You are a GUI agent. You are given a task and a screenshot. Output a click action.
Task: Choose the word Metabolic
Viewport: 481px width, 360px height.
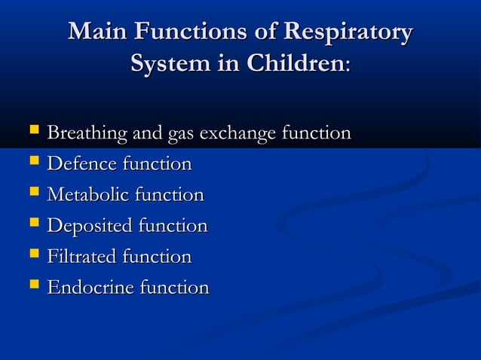coord(88,195)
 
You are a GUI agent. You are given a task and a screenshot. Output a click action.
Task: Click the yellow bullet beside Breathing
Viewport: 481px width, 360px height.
coord(32,133)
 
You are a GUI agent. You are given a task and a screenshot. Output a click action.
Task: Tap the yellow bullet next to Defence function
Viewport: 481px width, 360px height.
coord(32,163)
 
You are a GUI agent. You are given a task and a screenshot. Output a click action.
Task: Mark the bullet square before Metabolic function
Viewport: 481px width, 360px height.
coord(32,194)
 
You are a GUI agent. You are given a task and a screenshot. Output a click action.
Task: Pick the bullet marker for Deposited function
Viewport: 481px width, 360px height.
coord(32,225)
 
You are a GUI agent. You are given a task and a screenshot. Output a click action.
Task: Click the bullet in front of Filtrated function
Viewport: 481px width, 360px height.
coord(32,256)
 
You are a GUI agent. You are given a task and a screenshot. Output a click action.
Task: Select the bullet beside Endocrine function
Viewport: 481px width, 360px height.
coord(32,287)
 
